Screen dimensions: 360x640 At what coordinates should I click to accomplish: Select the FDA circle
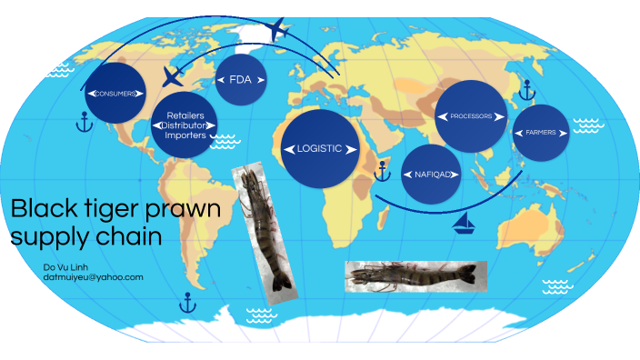pos(240,79)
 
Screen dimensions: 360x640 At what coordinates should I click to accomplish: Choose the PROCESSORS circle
pos(471,116)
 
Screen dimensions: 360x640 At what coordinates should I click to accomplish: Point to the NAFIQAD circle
pos(430,174)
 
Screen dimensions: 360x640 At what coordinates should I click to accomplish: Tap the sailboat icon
pos(465,222)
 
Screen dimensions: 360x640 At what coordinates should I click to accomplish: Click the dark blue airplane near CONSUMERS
pos(171,76)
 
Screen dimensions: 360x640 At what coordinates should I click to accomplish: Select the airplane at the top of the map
pos(279,31)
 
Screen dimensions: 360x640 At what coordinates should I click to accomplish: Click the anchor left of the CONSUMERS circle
pos(83,122)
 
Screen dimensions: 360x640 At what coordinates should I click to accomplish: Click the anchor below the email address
pos(187,302)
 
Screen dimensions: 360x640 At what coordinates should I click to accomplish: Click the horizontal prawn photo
pos(415,275)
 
